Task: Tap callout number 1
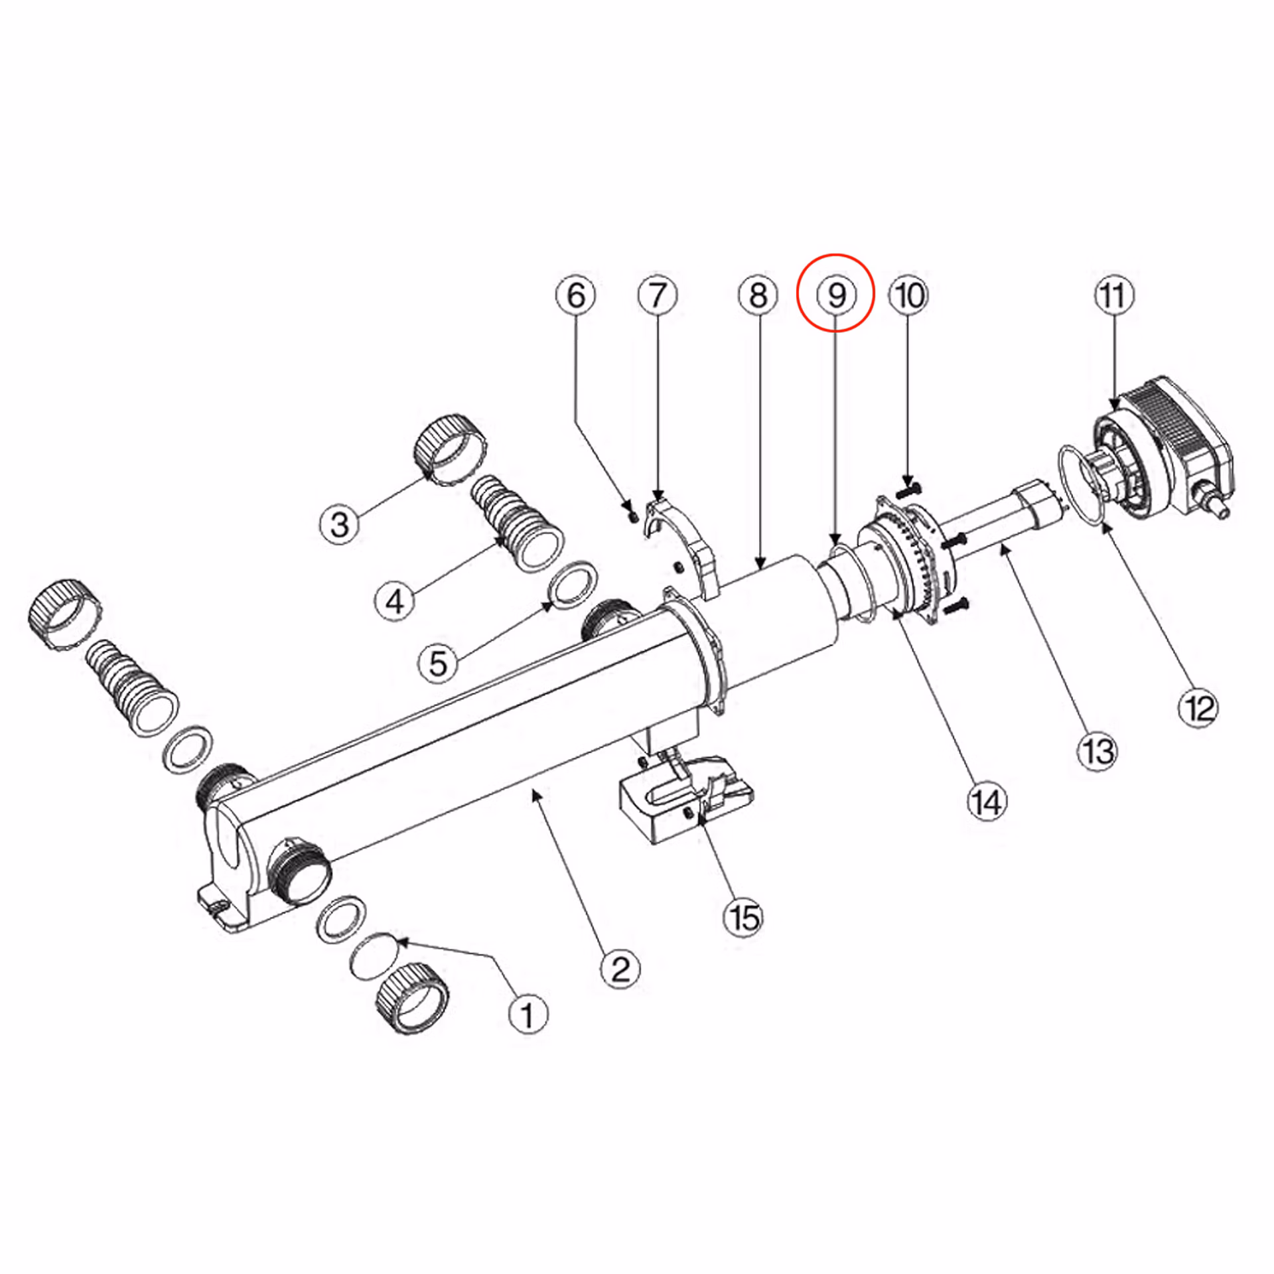tap(528, 1015)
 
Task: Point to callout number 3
tap(340, 525)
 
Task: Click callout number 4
tap(395, 601)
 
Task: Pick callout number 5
tap(439, 662)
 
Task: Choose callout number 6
tap(576, 295)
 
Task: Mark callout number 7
tap(658, 295)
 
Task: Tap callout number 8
tap(758, 295)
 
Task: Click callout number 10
tap(910, 295)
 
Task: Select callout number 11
tap(1114, 295)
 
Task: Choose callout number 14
tap(987, 802)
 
